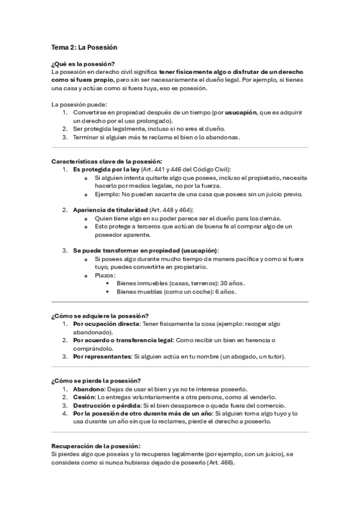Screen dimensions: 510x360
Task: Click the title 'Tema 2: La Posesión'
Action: (x=84, y=47)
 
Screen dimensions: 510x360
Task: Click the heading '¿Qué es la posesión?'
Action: (x=84, y=64)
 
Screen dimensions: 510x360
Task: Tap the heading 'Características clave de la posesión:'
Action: (x=107, y=161)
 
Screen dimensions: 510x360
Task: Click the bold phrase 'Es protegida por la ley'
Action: (x=106, y=170)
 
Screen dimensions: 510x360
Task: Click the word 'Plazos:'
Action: (x=106, y=275)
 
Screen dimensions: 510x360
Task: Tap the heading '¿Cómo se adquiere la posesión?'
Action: (x=100, y=316)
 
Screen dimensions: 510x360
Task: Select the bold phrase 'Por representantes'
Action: (x=101, y=357)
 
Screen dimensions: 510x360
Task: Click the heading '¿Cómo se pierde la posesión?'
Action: (x=96, y=381)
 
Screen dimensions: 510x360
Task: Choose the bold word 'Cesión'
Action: (x=84, y=398)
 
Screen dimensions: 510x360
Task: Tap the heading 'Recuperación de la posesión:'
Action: (x=96, y=446)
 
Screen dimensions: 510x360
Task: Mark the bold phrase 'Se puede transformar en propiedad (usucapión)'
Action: (x=145, y=250)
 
